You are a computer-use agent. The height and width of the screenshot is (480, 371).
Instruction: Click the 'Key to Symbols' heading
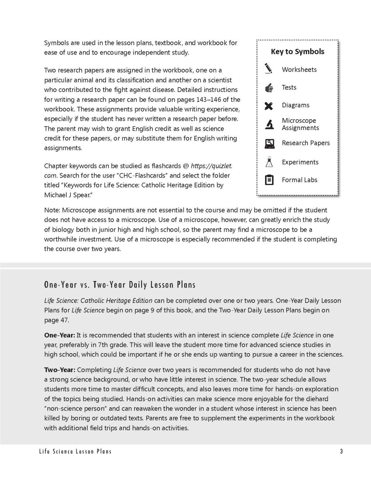(297, 52)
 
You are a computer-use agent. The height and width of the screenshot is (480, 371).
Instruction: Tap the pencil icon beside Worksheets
(269, 69)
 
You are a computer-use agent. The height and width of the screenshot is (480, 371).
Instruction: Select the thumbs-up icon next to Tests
(269, 88)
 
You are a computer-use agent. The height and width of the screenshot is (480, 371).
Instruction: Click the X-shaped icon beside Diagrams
(269, 106)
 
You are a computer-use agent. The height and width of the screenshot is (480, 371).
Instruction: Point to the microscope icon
(269, 124)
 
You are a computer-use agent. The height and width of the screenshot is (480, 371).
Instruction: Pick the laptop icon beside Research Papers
(269, 144)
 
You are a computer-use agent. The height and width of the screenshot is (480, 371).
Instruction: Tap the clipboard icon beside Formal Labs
(269, 180)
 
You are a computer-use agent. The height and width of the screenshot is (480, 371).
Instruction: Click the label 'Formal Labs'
(299, 180)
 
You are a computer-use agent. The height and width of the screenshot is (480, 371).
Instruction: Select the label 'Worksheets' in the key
(299, 70)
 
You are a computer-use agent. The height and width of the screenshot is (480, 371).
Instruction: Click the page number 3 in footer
(341, 452)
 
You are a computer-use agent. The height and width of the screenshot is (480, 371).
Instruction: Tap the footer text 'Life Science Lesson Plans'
(78, 452)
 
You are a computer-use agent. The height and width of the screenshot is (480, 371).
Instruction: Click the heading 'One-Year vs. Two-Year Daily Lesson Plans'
(120, 285)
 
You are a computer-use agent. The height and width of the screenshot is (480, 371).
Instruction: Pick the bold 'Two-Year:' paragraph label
(60, 370)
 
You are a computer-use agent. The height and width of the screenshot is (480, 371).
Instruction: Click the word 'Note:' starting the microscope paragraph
(52, 210)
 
